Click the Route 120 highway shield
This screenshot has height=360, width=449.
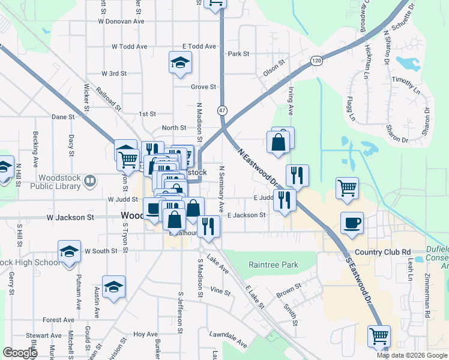pos(316,61)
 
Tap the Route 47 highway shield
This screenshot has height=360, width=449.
pos(222,110)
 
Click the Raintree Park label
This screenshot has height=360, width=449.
pos(273,265)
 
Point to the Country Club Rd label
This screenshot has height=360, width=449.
pos(382,252)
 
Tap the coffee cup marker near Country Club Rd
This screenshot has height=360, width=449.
pos(352,223)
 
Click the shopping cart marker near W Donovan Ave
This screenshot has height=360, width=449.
pos(215,4)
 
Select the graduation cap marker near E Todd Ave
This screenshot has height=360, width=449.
pos(179,64)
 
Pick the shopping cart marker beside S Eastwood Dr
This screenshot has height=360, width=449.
pos(379,337)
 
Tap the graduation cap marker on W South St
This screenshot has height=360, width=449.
pos(69,251)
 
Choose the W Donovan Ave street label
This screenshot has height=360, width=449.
pos(122,21)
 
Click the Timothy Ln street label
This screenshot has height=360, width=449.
pos(406,84)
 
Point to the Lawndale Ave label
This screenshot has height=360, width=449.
pos(228,340)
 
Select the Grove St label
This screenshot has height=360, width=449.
pos(203,87)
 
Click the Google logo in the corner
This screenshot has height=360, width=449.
pos(20,353)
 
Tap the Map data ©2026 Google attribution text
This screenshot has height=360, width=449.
pos(412,355)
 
